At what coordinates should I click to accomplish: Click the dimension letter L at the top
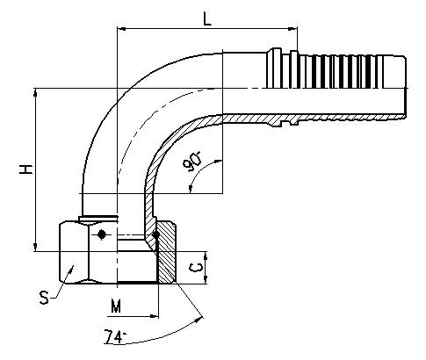click(207, 19)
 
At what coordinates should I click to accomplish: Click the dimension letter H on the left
click(25, 169)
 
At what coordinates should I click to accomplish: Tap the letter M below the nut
click(116, 306)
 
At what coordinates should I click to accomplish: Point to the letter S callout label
click(44, 298)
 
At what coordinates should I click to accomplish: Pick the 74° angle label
click(115, 336)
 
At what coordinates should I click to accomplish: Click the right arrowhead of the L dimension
click(293, 29)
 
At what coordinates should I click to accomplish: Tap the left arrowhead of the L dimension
click(121, 29)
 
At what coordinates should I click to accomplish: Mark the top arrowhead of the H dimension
click(36, 93)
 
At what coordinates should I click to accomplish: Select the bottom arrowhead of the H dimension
click(36, 247)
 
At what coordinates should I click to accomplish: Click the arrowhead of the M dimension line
click(154, 316)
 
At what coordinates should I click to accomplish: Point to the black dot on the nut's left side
click(101, 234)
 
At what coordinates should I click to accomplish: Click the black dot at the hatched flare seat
click(156, 234)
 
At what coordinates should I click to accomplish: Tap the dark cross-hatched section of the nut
click(166, 252)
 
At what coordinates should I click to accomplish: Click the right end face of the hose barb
click(406, 87)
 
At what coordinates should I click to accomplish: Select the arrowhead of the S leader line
click(70, 270)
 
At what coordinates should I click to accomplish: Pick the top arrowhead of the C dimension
click(206, 256)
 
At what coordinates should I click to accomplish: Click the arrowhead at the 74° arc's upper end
click(200, 319)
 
